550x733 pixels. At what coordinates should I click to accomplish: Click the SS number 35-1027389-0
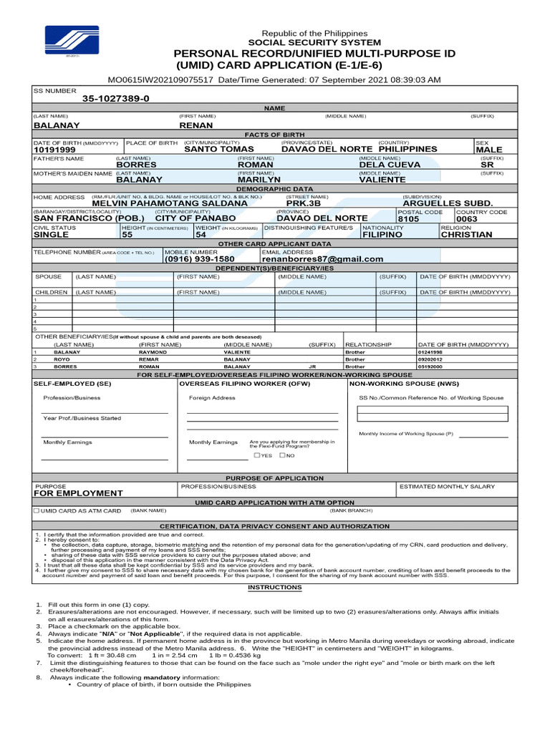point(116,99)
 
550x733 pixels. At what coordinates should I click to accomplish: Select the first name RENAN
point(196,125)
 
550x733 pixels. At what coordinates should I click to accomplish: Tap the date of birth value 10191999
point(54,150)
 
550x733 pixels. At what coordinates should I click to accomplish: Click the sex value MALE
point(489,150)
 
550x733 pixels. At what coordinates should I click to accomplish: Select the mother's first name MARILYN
point(259,180)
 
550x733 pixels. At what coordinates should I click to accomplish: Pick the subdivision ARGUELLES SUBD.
point(448,203)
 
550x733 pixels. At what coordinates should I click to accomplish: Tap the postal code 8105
point(408,219)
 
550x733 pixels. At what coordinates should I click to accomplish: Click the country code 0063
point(466,219)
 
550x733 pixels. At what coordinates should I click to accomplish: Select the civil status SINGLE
point(52,234)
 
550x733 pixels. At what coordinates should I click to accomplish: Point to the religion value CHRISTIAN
point(466,234)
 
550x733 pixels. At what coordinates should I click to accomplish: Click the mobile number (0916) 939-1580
point(200,259)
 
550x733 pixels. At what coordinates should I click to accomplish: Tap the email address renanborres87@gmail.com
point(322,259)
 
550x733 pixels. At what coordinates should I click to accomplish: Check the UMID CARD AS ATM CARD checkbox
point(37,511)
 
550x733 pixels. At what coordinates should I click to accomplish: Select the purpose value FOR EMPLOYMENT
point(78,493)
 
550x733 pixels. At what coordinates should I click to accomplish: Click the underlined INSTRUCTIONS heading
point(275,587)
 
